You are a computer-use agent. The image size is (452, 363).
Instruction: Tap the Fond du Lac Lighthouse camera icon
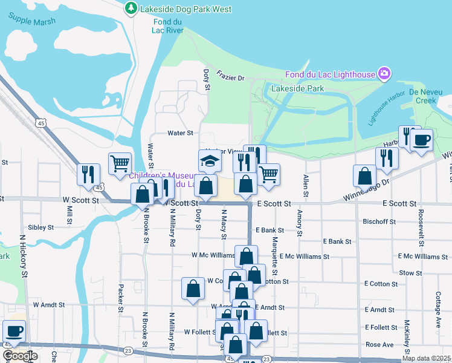(383, 74)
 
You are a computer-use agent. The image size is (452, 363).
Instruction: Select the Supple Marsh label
(32, 21)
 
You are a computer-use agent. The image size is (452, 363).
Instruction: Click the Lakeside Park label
(297, 88)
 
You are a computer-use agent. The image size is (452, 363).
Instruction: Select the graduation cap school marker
(210, 162)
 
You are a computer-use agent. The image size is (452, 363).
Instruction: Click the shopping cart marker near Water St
(120, 162)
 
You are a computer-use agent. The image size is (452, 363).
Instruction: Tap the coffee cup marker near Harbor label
(421, 140)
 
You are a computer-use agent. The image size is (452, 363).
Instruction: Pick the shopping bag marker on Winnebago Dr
(365, 176)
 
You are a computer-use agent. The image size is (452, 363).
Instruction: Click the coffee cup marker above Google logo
(14, 331)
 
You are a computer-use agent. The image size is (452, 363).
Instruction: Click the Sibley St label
(41, 227)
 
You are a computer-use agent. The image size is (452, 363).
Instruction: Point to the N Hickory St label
(25, 257)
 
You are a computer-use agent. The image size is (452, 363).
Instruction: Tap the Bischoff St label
(379, 222)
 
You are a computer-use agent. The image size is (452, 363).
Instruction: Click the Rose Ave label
(379, 344)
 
